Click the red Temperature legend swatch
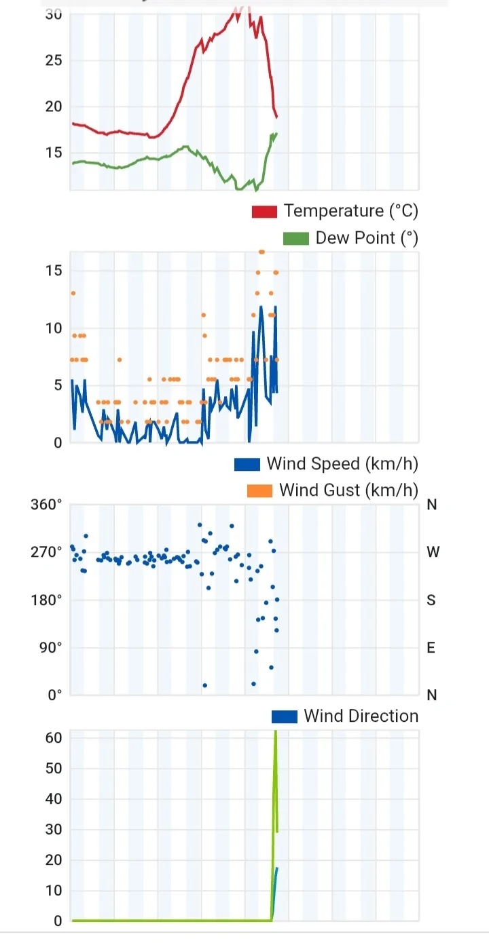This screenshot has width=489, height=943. click(x=264, y=212)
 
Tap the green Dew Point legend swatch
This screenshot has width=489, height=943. click(x=295, y=238)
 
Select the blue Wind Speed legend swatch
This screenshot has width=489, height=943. click(x=247, y=464)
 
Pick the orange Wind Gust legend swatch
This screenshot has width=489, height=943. click(x=259, y=490)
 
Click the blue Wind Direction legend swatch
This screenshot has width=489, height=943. click(x=284, y=716)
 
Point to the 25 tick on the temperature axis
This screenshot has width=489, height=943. click(x=54, y=60)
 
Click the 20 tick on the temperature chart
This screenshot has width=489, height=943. click(x=54, y=107)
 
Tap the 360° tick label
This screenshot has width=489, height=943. click(x=47, y=505)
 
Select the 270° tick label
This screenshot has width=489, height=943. click(x=47, y=552)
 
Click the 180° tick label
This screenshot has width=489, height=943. click(x=47, y=600)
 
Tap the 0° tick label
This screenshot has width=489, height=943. click(x=54, y=695)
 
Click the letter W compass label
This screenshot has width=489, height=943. click(x=433, y=552)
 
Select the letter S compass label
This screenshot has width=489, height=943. click(x=431, y=600)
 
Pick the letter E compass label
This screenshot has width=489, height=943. click(x=431, y=647)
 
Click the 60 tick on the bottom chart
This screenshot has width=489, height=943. click(x=54, y=737)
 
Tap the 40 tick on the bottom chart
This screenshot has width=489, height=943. click(x=54, y=799)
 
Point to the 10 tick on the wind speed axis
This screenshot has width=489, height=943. click(x=54, y=328)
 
